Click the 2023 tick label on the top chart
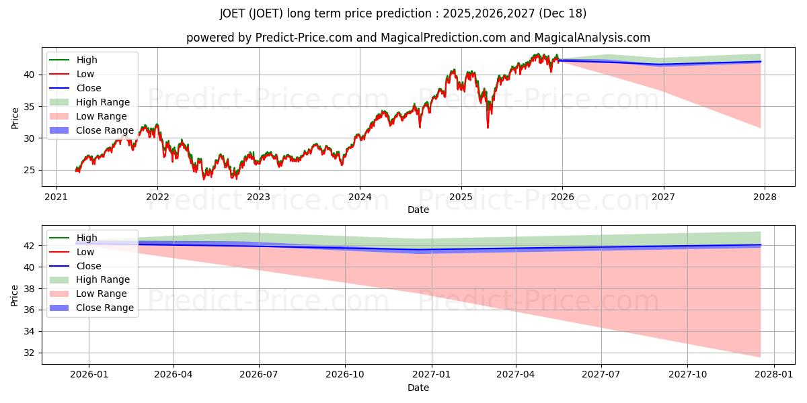tap(259, 197)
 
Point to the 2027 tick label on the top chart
tap(664, 197)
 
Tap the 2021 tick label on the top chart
tap(56, 197)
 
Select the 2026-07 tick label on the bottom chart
tap(260, 374)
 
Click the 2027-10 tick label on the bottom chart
tap(688, 374)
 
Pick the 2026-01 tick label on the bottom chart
tap(89, 374)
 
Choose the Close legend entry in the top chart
tap(89, 88)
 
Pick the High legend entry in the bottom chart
tap(87, 238)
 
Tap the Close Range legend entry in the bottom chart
tap(105, 308)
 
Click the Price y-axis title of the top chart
tap(15, 118)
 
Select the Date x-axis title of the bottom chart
tap(418, 388)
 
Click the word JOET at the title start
tap(233, 13)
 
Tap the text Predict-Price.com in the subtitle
tap(304, 38)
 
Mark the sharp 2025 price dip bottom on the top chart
tap(488, 127)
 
